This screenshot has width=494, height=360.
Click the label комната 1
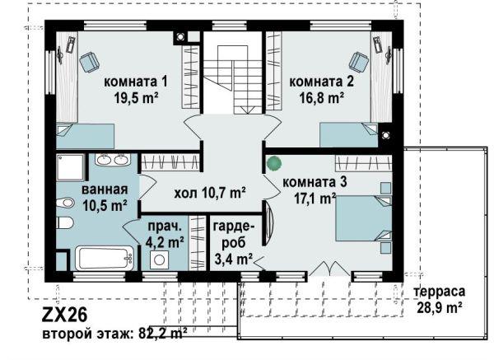(x=136, y=82)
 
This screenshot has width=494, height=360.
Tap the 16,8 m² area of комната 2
(x=321, y=98)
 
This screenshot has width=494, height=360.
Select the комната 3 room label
(x=315, y=182)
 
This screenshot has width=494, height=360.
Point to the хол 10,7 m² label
(x=210, y=193)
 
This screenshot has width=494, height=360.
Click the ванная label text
(x=105, y=189)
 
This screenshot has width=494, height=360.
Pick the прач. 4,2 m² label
(x=165, y=234)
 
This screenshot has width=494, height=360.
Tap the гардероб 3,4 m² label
(x=234, y=243)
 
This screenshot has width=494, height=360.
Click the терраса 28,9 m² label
(x=440, y=299)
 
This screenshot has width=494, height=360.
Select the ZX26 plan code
(x=64, y=315)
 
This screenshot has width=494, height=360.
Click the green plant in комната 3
(x=273, y=163)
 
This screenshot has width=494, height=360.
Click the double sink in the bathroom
(x=113, y=160)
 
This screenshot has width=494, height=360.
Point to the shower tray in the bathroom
(x=71, y=167)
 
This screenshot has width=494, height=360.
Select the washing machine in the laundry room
(x=159, y=259)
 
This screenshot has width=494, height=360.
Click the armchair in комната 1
(x=89, y=62)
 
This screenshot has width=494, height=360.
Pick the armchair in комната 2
(x=358, y=62)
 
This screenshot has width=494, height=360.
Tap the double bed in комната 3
(x=364, y=218)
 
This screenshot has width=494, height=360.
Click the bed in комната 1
(x=85, y=136)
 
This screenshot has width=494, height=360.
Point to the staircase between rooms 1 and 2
(x=232, y=79)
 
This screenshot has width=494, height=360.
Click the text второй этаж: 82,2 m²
(x=114, y=333)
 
